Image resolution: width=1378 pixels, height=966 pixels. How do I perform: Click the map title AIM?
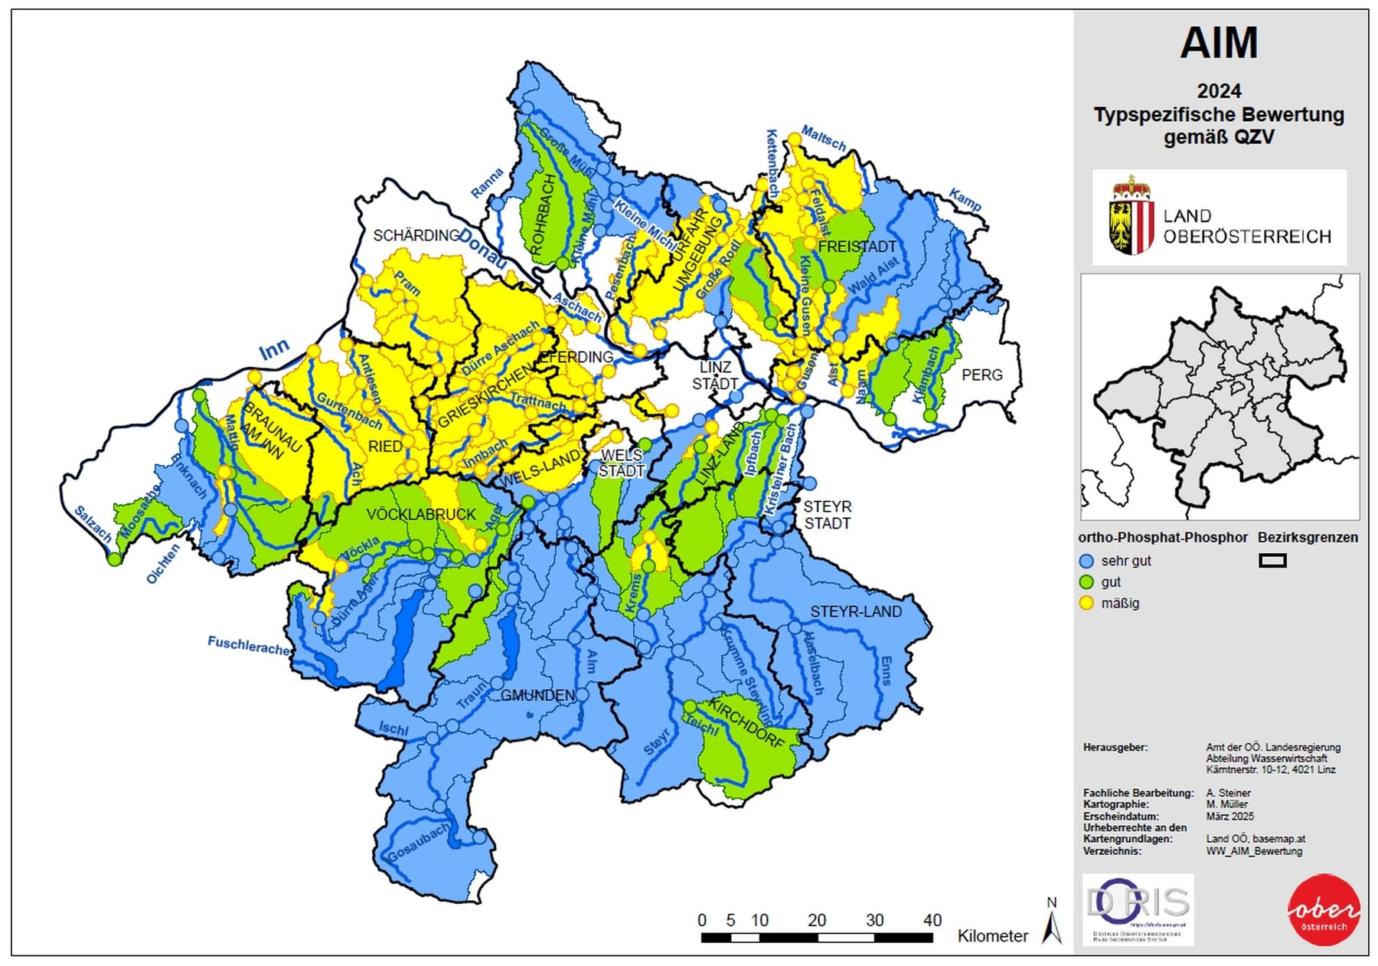coord(1218,43)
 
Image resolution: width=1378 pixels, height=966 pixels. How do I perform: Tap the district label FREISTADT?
coord(857,247)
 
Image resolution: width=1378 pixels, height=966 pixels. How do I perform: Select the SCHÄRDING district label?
coord(416,235)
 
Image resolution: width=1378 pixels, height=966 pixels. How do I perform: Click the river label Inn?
coord(274,349)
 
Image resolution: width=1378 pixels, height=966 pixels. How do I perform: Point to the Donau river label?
coord(484,250)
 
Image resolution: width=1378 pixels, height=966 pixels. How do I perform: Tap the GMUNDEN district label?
coord(537,695)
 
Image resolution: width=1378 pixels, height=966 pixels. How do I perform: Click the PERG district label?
coord(981,375)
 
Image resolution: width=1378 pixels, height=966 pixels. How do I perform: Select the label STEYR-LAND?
coord(856,611)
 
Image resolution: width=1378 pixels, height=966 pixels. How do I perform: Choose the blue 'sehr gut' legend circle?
coord(1086,561)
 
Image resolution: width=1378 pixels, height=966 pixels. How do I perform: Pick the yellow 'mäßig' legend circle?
coord(1086,603)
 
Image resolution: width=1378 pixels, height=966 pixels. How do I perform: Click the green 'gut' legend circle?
coord(1086,582)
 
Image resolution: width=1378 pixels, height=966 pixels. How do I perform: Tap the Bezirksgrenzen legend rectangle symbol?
coord(1272,561)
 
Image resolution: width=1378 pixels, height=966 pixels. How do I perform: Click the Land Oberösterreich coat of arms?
coord(1131,216)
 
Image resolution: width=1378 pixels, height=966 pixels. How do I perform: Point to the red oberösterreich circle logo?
coord(1324,909)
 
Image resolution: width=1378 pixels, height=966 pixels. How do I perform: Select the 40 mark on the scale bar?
coord(932,920)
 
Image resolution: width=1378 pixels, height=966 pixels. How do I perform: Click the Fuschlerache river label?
coord(249,646)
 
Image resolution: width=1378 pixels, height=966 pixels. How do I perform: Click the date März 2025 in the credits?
coord(1229,816)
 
